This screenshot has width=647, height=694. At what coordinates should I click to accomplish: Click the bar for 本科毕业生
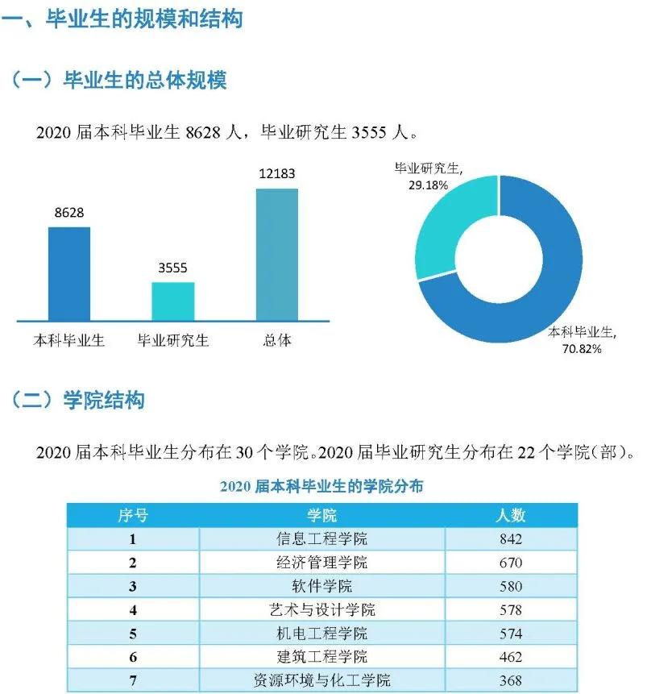(x=68, y=274)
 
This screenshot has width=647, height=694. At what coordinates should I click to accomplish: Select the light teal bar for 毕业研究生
(x=172, y=301)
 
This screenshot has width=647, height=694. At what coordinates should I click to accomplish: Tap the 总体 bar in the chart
(x=276, y=255)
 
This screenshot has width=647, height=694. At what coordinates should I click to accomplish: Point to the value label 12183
(x=276, y=174)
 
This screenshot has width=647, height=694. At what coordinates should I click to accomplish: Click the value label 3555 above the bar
(x=172, y=268)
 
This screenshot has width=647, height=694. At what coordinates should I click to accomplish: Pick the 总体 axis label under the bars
(x=276, y=340)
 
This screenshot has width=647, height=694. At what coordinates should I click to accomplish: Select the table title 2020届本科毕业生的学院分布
(x=321, y=486)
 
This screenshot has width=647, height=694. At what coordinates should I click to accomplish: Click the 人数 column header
(x=510, y=515)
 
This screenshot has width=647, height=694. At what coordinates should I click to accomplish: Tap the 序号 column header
(x=132, y=515)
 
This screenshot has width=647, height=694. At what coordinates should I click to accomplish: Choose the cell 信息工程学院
(x=321, y=539)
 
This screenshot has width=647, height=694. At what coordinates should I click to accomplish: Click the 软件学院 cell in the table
(x=321, y=586)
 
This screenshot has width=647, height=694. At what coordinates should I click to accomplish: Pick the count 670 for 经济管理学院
(x=510, y=563)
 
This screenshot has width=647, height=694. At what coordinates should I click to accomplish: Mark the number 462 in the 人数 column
(x=510, y=657)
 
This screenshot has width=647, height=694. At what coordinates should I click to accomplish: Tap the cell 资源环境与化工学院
(x=321, y=680)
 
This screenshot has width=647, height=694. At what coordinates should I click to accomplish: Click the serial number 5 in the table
(x=132, y=634)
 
